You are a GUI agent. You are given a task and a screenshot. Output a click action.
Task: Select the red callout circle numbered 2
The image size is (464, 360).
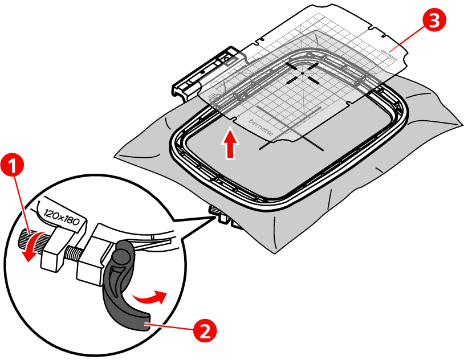206,329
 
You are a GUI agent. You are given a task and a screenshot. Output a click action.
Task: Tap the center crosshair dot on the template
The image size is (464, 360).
302,72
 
